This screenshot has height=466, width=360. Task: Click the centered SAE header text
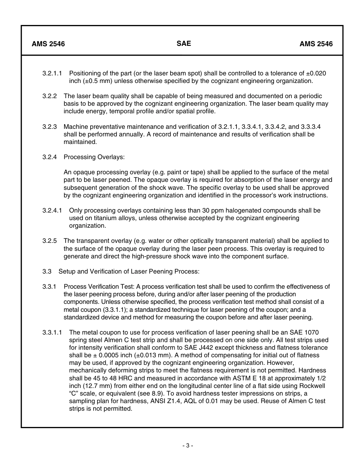pos(184,44)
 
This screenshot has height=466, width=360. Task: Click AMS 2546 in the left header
pos(48,44)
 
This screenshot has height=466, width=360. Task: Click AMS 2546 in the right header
pos(316,44)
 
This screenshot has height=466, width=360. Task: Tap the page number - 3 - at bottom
pos(188,446)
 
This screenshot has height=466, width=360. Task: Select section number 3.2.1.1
pos(52,73)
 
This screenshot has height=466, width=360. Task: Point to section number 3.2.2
pos(50,96)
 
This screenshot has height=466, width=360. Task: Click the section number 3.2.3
pos(50,127)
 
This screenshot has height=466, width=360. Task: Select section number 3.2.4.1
pos(52,210)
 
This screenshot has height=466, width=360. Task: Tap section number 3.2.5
pos(50,241)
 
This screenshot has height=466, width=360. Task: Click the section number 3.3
pos(47,271)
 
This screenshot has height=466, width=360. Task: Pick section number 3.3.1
pos(50,286)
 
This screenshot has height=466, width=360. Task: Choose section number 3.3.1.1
pos(52,332)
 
